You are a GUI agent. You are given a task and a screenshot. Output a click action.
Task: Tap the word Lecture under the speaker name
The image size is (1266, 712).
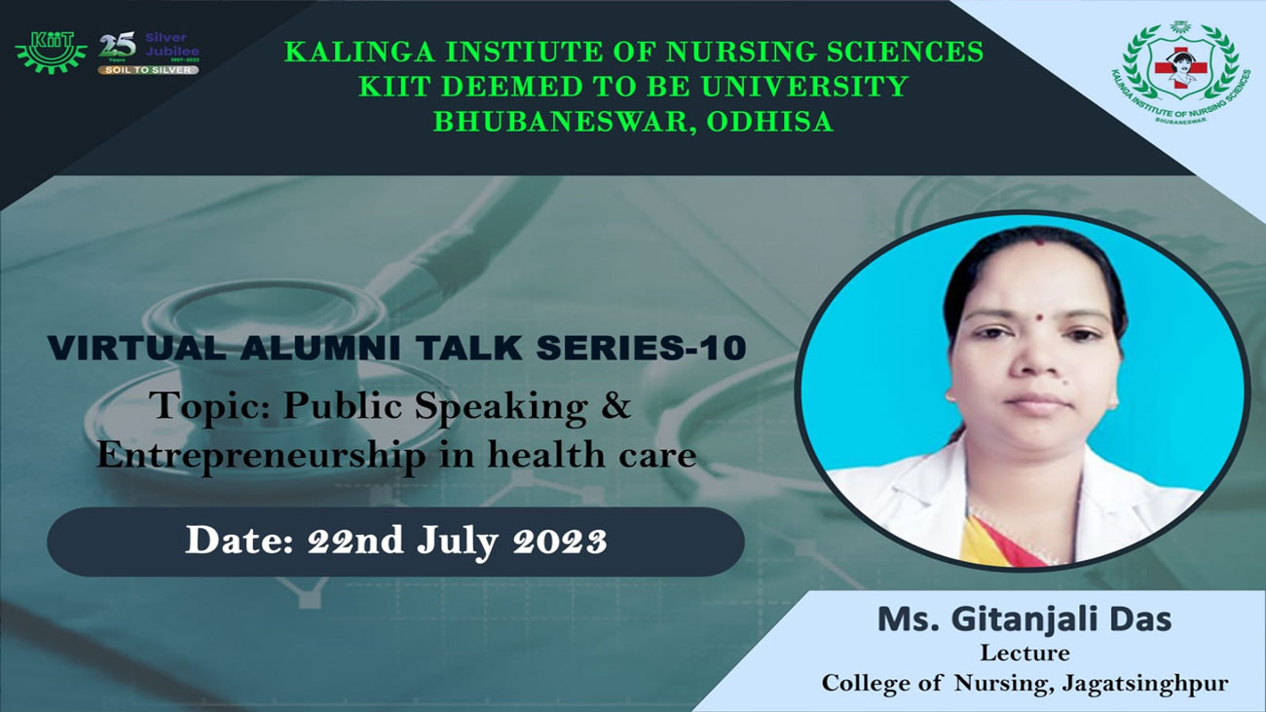click(1024, 653)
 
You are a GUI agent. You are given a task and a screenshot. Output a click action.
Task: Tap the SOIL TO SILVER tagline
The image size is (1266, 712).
click(148, 70)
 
